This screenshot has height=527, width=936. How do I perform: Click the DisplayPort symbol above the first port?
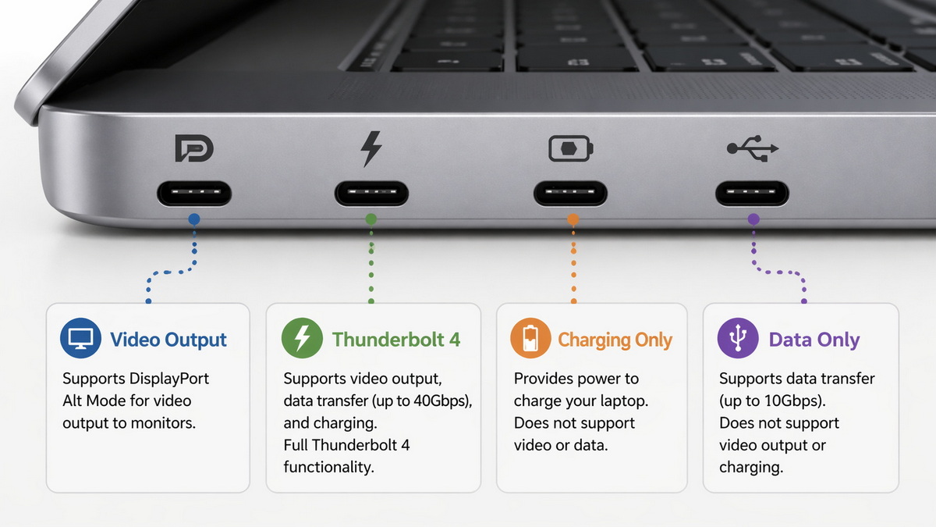tap(194, 148)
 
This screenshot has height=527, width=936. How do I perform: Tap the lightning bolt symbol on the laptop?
tap(371, 148)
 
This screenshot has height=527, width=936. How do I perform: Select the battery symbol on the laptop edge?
tap(570, 148)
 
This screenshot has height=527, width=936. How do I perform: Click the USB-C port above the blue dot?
tap(194, 193)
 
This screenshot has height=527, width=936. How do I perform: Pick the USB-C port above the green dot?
tap(371, 193)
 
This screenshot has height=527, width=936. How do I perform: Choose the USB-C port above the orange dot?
tap(570, 193)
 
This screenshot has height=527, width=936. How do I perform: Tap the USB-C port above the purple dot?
tap(753, 193)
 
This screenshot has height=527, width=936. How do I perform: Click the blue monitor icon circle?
tap(80, 339)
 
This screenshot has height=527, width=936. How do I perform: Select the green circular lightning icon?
tap(302, 339)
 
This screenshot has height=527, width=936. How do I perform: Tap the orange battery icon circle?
tap(530, 339)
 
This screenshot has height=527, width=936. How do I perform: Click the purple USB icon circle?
tap(737, 339)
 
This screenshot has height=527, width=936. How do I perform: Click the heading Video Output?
tap(168, 340)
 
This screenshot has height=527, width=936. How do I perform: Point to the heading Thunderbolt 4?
tap(396, 340)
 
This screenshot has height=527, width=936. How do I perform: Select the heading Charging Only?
tap(615, 340)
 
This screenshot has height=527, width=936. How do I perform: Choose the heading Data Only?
tap(814, 340)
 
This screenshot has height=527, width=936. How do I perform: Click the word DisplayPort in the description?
tap(169, 379)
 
